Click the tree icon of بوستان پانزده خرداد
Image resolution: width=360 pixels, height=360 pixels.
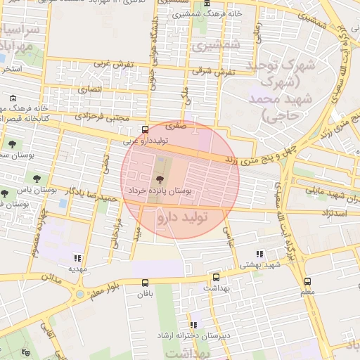[158, 180]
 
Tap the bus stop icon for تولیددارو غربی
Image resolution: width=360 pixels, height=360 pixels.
[145, 129]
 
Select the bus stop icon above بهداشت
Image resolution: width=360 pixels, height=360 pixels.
[216, 277]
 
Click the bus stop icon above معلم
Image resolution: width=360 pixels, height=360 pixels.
[307, 281]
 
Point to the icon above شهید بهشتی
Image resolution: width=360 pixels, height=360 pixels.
[259, 254]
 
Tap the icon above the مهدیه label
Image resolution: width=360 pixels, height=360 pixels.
[77, 258]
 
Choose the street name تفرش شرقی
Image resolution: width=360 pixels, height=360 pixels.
[217, 71]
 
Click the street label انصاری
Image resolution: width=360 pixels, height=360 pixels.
[89, 89]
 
